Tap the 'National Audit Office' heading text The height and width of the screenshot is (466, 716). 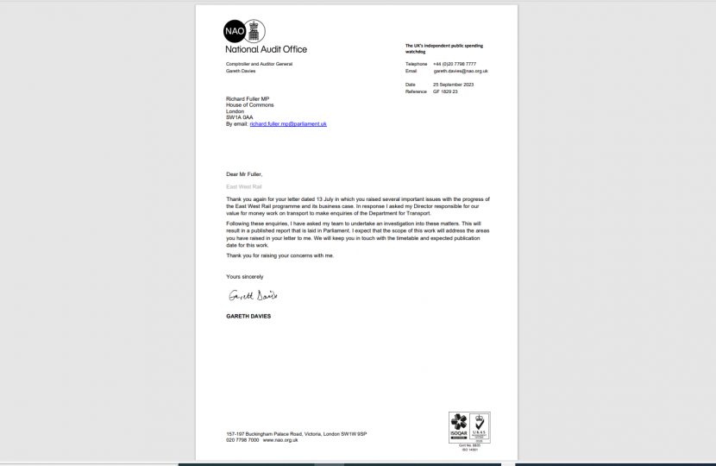(266, 49)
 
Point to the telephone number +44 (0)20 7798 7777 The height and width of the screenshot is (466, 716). (455, 64)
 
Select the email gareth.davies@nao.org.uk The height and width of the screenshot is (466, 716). (461, 71)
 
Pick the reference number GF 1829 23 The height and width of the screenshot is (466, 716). (445, 91)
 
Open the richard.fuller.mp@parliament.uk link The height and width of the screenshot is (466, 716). (288, 124)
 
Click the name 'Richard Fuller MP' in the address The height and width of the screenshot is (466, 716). (248, 98)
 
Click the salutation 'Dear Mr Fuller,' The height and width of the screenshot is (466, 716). (244, 174)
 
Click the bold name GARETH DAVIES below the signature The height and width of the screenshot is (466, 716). (248, 316)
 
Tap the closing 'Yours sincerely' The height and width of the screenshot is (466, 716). (245, 276)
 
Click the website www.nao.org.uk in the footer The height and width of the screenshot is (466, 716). (280, 440)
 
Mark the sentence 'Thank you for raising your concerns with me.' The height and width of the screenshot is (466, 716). (279, 255)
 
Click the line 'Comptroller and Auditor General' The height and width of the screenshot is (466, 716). (259, 64)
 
